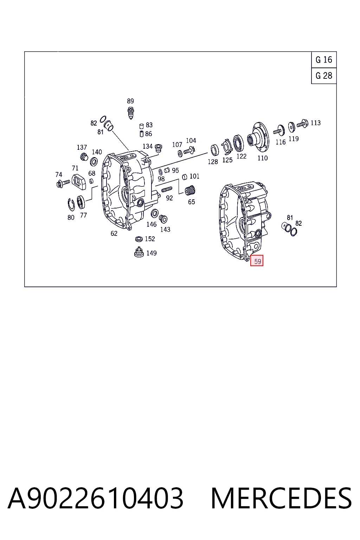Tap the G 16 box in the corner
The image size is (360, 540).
point(324,59)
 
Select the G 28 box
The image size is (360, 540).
point(324,76)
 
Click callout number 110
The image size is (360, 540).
point(262,158)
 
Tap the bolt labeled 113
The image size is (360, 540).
point(302,124)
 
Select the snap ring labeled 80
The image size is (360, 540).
point(71,205)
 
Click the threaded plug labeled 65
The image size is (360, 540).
point(190,191)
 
